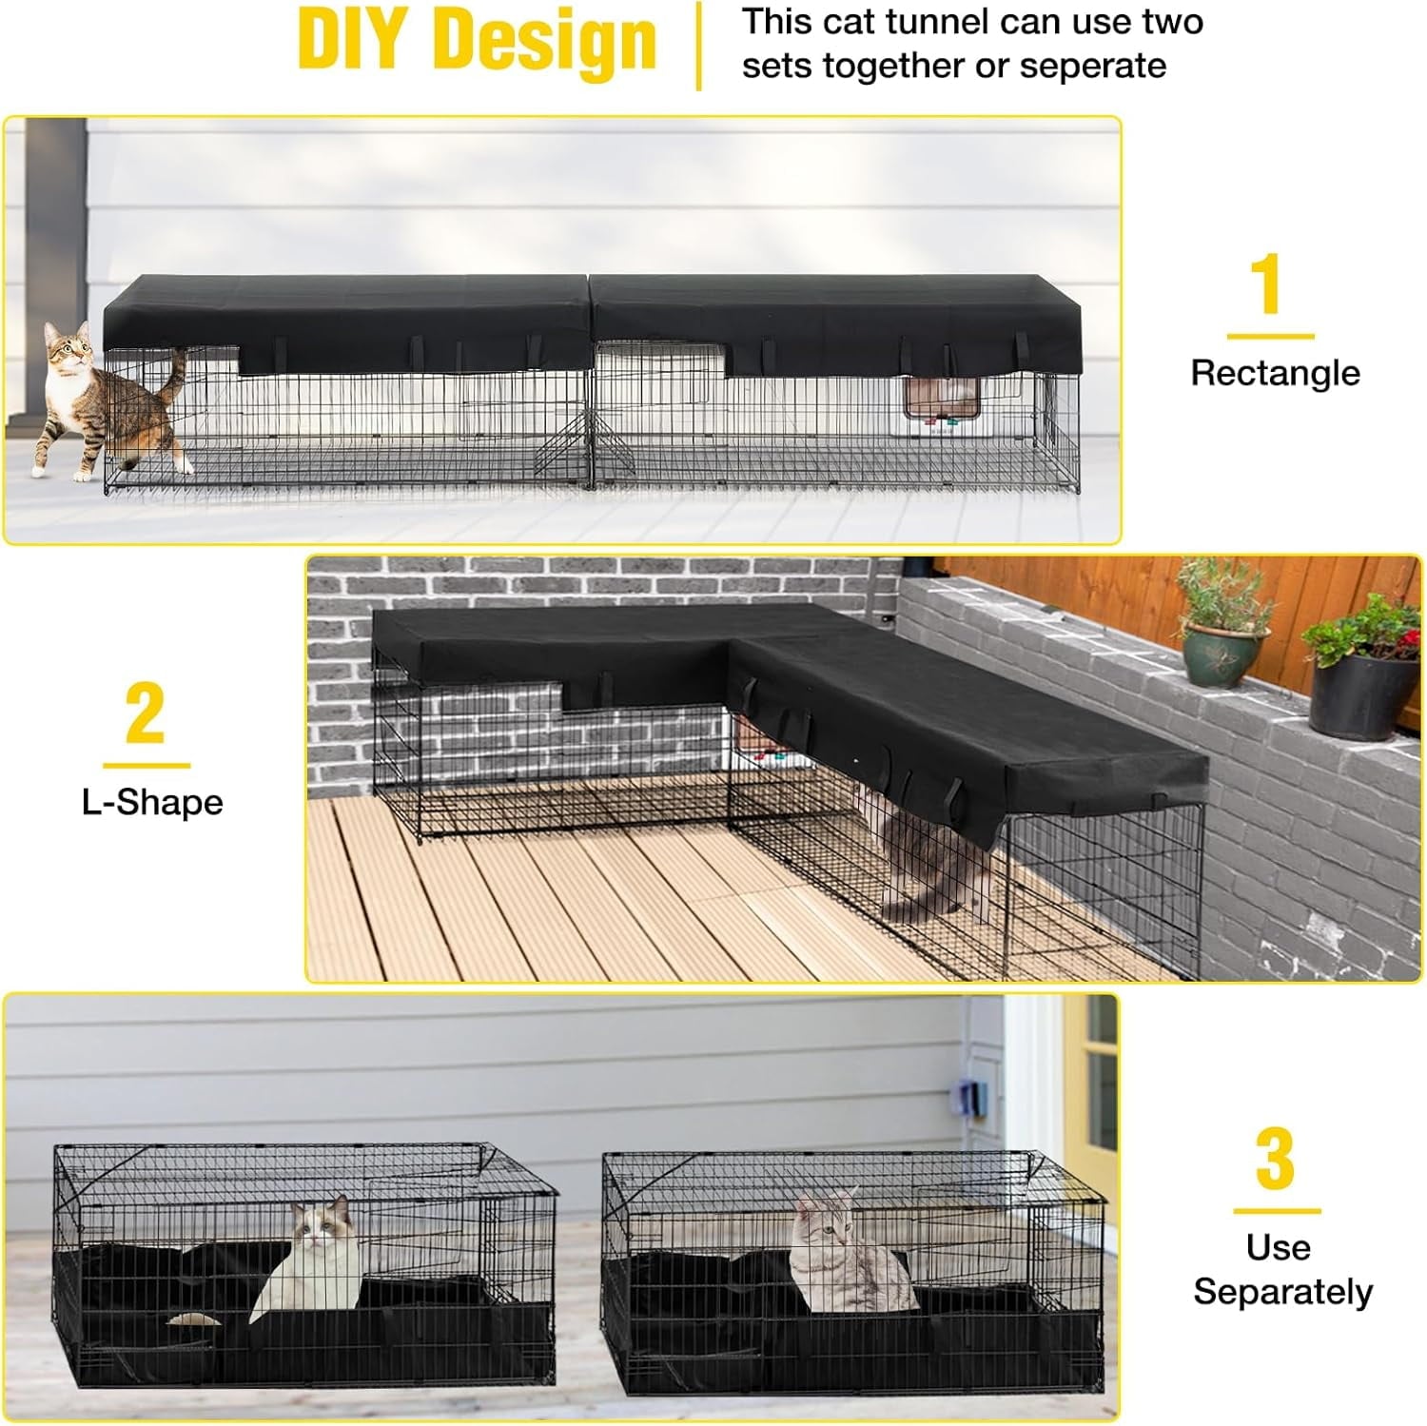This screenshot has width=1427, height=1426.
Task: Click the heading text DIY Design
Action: pos(477,41)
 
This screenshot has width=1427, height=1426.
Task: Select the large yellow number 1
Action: pos(1266,283)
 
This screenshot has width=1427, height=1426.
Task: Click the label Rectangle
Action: pos(1275,372)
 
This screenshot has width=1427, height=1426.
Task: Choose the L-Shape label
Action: pos(152,802)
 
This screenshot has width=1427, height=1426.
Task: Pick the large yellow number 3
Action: pos(1275,1157)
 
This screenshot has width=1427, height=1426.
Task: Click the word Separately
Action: pos(1282,1291)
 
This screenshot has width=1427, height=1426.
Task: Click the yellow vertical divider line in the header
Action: pos(699,46)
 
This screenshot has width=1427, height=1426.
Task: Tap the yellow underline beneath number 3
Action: pos(1277,1211)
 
